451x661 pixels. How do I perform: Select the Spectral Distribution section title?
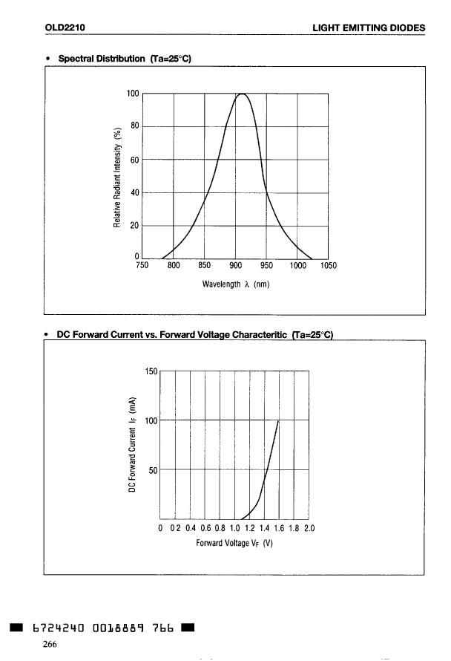[124, 59]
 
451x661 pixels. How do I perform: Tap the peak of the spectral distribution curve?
[242, 94]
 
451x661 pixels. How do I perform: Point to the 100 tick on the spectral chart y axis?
[133, 94]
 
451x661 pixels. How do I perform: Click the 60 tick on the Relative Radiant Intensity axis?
[135, 160]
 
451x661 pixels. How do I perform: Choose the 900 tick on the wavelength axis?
[235, 265]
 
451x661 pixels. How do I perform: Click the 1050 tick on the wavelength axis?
[328, 265]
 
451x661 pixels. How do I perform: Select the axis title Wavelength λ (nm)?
[235, 284]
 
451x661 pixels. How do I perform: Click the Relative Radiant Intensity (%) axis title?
[116, 176]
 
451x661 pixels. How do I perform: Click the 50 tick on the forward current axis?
[154, 470]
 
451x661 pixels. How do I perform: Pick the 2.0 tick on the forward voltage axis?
[309, 529]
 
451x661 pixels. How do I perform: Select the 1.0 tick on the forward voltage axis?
[235, 529]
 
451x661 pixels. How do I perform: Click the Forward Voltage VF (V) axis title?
[235, 543]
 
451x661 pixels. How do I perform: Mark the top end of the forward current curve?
[278, 421]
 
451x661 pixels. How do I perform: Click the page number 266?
[50, 644]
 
